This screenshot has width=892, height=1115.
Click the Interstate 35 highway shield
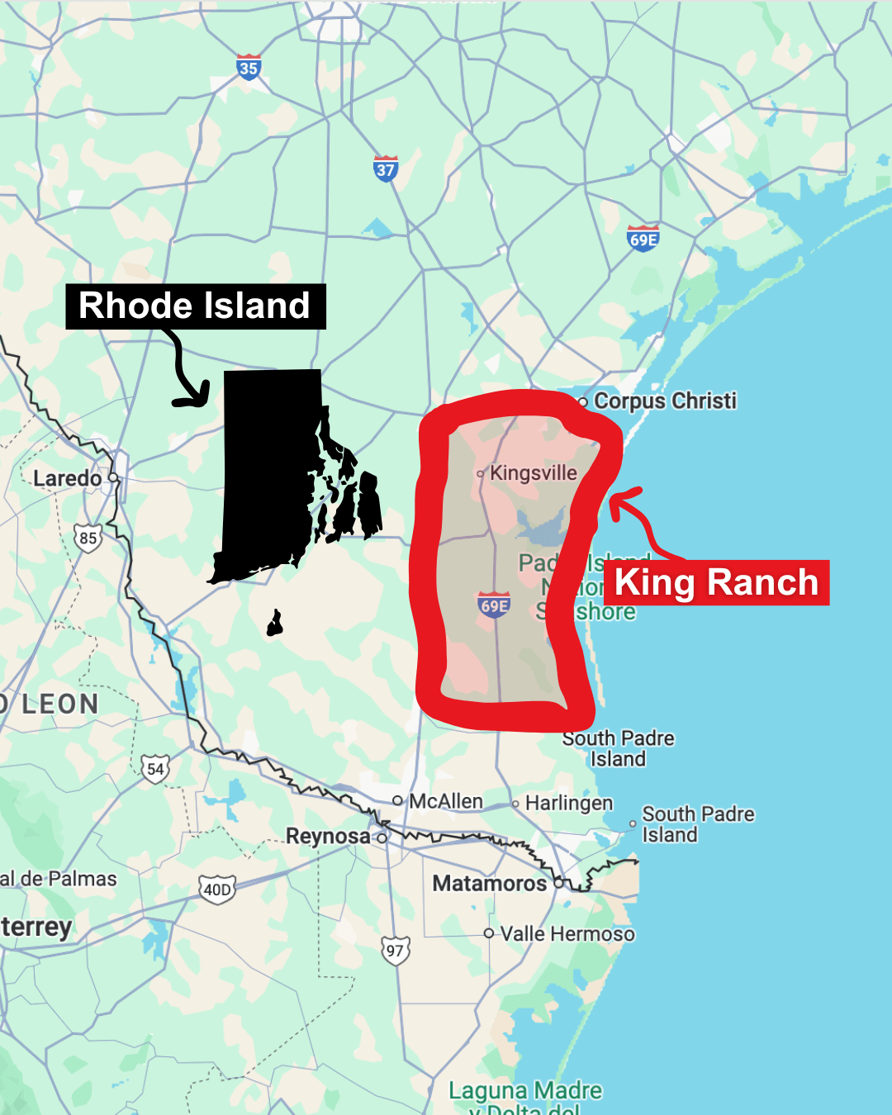pyautogui.click(x=249, y=68)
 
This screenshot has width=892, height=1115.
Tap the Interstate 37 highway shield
pyautogui.click(x=386, y=169)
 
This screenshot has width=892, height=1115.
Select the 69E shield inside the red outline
pyautogui.click(x=494, y=605)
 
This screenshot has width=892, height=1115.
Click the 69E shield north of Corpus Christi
pyautogui.click(x=643, y=239)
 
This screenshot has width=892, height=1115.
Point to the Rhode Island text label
pyautogui.click(x=195, y=306)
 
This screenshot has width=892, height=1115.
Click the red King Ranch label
pyautogui.click(x=716, y=583)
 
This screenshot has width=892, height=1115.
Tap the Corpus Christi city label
pyautogui.click(x=665, y=401)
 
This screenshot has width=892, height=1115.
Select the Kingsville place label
pyautogui.click(x=533, y=473)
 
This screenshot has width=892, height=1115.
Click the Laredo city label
pyautogui.click(x=67, y=478)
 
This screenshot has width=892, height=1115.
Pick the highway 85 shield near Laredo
pyautogui.click(x=88, y=539)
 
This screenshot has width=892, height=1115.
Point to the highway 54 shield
pyautogui.click(x=155, y=770)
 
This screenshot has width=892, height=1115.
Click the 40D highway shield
pyautogui.click(x=217, y=890)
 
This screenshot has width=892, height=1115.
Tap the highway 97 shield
pyautogui.click(x=396, y=951)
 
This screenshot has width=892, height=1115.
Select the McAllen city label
pyautogui.click(x=445, y=801)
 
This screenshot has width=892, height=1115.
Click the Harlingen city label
pyautogui.click(x=569, y=803)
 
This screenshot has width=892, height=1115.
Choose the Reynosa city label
pyautogui.click(x=328, y=836)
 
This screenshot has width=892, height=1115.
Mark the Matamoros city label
pyautogui.click(x=490, y=884)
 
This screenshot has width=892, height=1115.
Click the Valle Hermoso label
pyautogui.click(x=567, y=934)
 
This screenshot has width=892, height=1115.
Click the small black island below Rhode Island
pyautogui.click(x=275, y=624)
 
